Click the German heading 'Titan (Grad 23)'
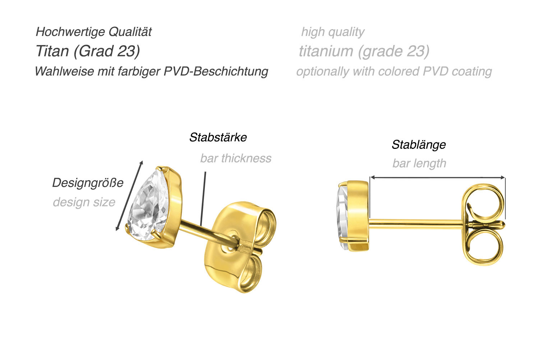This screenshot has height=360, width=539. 88,51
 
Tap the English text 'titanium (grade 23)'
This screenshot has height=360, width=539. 364,51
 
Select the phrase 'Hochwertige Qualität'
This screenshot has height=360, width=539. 93,32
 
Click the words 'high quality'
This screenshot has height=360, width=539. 333,32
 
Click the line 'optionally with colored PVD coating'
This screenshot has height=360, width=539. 394,72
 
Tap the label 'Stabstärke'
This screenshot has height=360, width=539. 218,137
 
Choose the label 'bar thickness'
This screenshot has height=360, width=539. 236,159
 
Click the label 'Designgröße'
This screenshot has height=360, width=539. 88,183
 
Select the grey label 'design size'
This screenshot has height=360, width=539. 84,202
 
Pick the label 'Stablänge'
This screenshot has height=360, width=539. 419,145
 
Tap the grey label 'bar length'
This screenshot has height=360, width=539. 419,163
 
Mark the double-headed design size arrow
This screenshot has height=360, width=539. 129,196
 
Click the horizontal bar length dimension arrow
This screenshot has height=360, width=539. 437,177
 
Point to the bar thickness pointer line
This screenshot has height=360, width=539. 203,199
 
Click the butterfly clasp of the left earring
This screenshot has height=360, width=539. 240,247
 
